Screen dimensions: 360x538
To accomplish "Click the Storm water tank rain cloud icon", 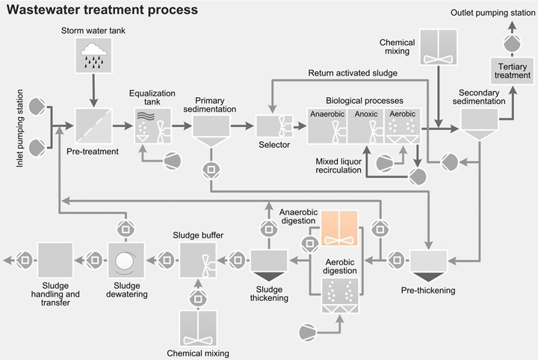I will [93, 55].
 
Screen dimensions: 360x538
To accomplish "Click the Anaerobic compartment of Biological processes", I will [328, 125].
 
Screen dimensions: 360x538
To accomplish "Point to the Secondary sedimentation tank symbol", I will [478, 123].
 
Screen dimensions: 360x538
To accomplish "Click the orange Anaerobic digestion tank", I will [339, 229].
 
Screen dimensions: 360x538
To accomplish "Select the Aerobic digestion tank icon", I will [339, 294].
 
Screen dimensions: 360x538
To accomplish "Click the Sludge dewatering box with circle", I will [125, 261].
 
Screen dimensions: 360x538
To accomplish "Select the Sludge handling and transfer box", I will [55, 261].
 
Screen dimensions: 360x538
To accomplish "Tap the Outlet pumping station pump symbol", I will [512, 45].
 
